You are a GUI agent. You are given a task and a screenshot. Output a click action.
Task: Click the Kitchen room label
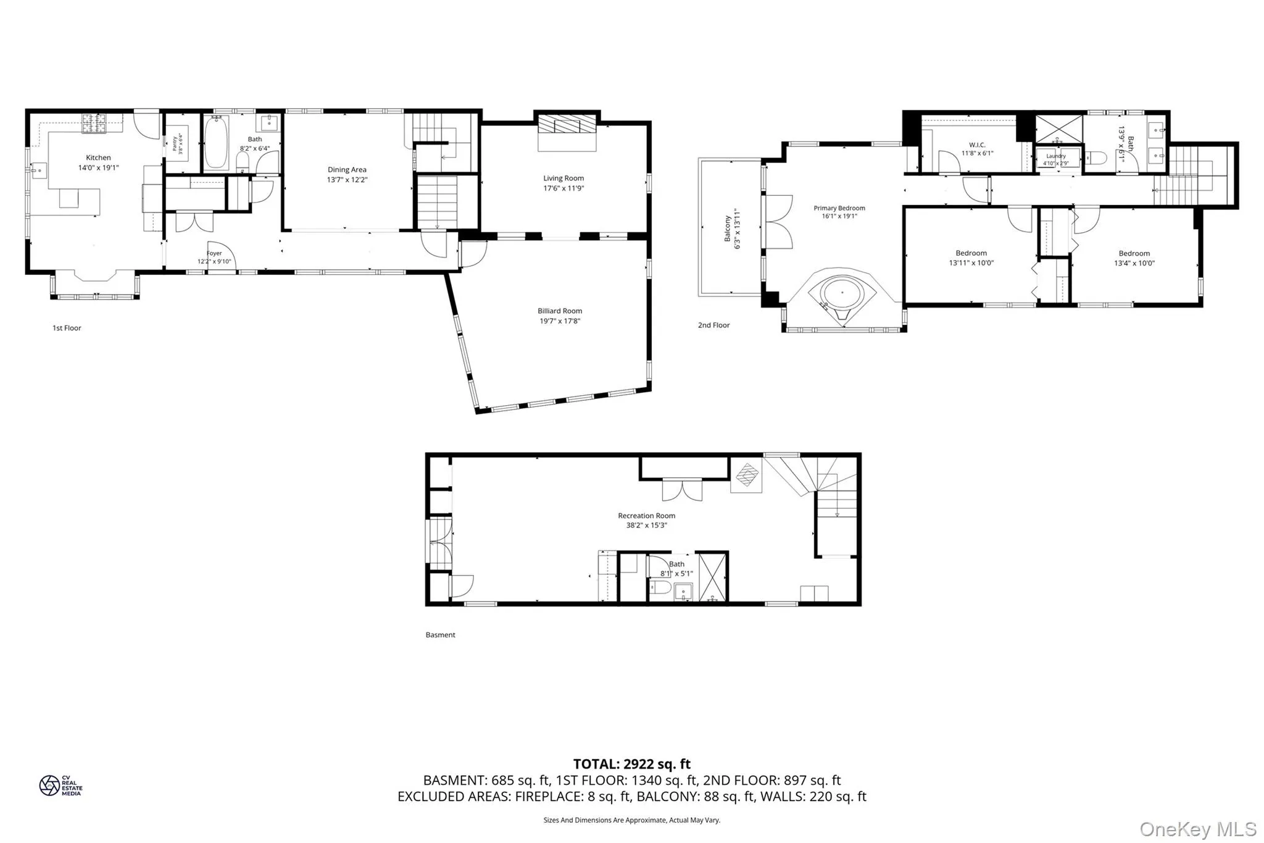[98, 158]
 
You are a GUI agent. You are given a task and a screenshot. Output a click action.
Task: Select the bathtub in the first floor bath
[216, 144]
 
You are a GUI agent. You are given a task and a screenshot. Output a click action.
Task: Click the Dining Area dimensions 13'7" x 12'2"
[347, 180]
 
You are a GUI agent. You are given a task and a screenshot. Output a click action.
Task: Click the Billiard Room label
[559, 311]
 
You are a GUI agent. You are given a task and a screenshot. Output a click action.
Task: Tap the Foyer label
[214, 253]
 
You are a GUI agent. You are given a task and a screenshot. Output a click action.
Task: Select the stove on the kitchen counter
[94, 123]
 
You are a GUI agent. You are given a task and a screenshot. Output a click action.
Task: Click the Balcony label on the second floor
[728, 228]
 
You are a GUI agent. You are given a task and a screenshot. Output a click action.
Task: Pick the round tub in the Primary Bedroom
[841, 293]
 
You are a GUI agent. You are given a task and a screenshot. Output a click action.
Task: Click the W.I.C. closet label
[977, 145]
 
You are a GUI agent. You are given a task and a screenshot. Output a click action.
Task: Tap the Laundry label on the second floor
[1056, 156]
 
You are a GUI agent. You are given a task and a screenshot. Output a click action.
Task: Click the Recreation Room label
[646, 516]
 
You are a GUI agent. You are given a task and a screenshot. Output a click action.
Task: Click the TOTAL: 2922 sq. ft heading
[631, 764]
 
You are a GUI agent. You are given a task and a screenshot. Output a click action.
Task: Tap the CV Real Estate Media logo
[60, 786]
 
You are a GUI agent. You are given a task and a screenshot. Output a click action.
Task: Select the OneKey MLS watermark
[1197, 829]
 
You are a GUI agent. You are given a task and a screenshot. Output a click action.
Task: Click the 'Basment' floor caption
[440, 635]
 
